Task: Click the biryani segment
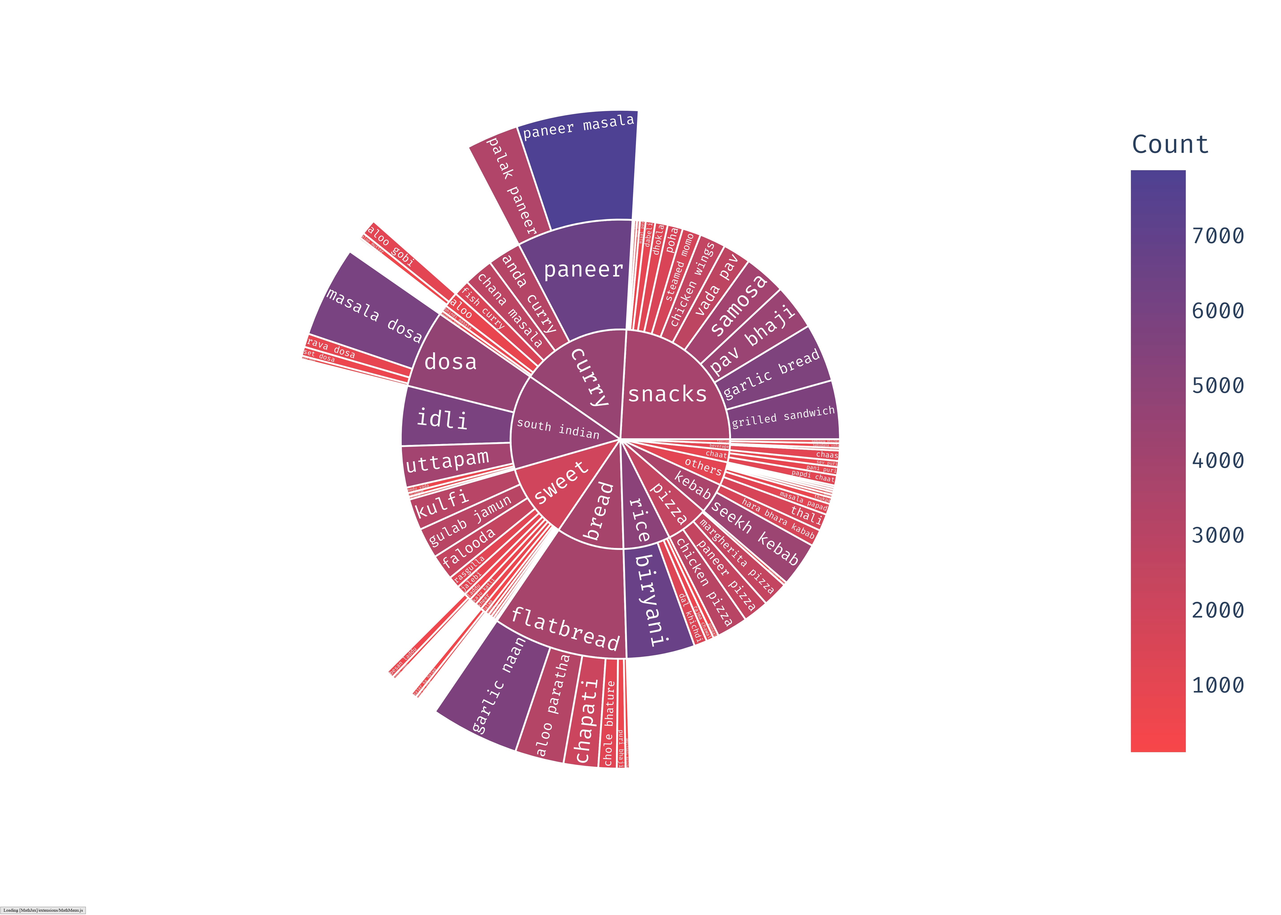(x=654, y=600)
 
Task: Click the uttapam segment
(x=448, y=463)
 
